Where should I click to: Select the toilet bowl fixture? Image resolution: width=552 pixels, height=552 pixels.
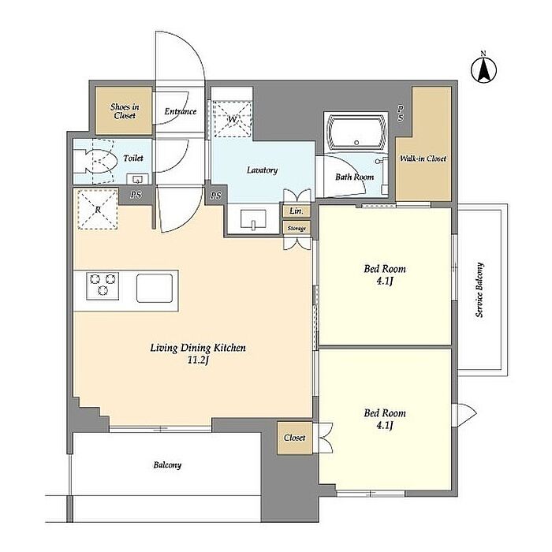coord(95,162)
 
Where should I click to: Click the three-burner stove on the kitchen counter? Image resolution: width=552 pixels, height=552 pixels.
coord(103,285)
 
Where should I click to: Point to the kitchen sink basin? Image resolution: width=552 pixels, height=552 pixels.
coord(155,288)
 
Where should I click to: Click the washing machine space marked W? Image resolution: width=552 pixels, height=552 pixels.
coord(233,118)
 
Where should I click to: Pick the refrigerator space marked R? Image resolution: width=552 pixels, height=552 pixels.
coord(98,210)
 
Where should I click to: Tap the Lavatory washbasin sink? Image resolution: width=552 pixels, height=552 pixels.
coord(253,220)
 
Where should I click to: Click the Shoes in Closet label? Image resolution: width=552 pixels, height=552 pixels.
coord(125,111)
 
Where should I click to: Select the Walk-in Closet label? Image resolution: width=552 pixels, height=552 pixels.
coord(423,159)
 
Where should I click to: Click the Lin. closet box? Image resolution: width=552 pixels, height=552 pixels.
coord(297,211)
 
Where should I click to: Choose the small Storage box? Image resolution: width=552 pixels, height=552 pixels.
coord(297,228)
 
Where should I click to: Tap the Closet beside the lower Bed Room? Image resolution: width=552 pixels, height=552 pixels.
coord(295,438)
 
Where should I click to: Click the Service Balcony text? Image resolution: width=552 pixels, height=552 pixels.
coord(479,289)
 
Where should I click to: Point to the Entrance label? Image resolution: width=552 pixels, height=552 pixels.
coord(181,112)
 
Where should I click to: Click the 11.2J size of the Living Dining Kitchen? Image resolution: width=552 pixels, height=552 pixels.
coord(198,360)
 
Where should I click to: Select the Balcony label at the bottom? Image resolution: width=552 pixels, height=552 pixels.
coord(167,465)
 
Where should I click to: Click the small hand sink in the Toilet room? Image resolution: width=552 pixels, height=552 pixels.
coord(137,179)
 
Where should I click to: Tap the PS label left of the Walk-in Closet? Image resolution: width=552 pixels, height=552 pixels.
coord(401,113)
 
